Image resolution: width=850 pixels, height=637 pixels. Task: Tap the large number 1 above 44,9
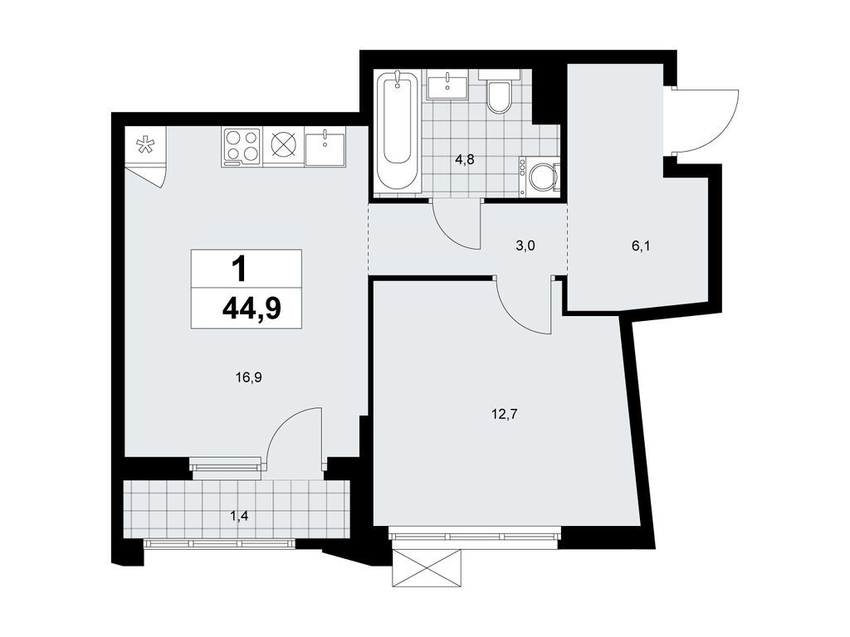(239, 269)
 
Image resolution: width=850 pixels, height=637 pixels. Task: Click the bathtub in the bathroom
(398, 133)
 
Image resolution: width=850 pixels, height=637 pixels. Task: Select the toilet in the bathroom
(500, 95)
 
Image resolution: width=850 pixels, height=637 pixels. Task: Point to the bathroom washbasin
(450, 85)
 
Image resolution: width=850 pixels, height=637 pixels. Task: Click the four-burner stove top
(242, 146)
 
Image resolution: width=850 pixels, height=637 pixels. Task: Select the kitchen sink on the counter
(325, 148)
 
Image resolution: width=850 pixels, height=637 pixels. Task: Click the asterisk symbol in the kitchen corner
(144, 147)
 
